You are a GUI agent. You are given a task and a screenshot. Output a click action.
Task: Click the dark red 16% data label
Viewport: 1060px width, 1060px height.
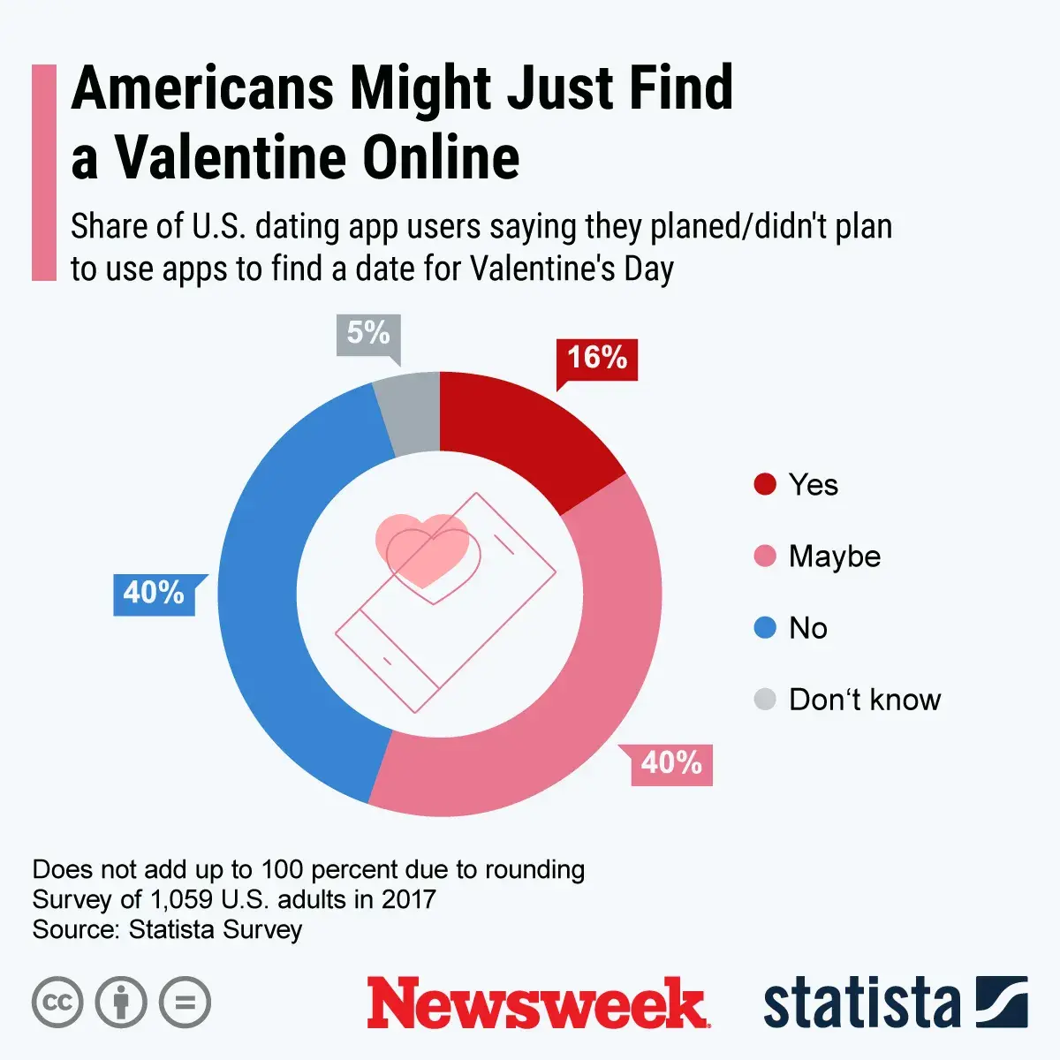pyautogui.click(x=596, y=358)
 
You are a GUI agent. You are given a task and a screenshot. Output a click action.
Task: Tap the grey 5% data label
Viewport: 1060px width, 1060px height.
pyautogui.click(x=368, y=334)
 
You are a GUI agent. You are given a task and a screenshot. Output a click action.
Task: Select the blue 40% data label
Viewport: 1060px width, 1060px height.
pyautogui.click(x=154, y=593)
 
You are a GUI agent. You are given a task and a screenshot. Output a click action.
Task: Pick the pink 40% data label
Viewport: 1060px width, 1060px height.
pyautogui.click(x=671, y=763)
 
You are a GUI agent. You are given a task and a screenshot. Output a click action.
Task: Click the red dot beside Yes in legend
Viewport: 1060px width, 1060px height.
pyautogui.click(x=765, y=484)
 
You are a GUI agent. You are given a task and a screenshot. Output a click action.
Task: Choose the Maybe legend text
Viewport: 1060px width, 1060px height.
pyautogui.click(x=835, y=556)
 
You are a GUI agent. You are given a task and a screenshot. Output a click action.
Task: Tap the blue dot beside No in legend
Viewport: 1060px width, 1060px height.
pyautogui.click(x=765, y=628)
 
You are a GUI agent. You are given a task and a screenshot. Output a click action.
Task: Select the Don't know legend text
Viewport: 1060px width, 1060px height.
pyautogui.click(x=865, y=700)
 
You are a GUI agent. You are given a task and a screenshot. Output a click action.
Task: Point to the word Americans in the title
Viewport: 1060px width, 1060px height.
pyautogui.click(x=203, y=88)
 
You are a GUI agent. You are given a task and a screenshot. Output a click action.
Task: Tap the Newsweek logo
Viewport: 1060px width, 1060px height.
pyautogui.click(x=538, y=1003)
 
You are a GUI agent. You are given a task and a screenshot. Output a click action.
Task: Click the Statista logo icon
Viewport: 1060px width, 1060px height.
pyautogui.click(x=1001, y=1002)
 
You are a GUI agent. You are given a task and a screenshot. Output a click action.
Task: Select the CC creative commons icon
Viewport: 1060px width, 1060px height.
pyautogui.click(x=57, y=1003)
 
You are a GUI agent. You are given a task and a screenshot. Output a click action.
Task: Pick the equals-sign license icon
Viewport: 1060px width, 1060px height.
pyautogui.click(x=185, y=1003)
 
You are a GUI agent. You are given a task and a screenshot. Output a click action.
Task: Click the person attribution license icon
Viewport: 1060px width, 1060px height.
pyautogui.click(x=121, y=1003)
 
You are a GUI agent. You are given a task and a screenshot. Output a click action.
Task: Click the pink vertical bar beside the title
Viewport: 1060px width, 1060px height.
pyautogui.click(x=43, y=172)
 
